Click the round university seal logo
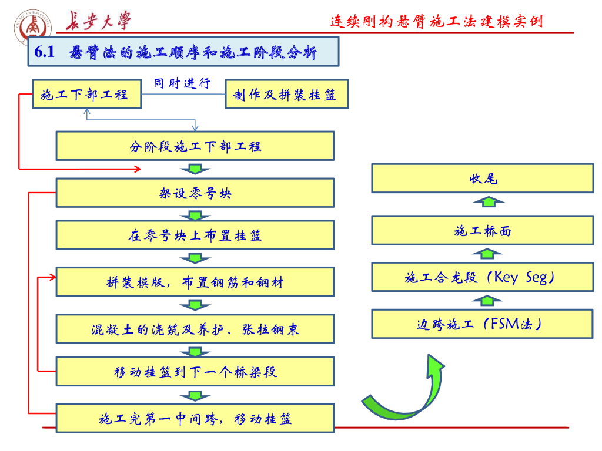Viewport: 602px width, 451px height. tap(33, 27)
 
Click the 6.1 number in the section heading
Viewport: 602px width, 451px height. tap(44, 52)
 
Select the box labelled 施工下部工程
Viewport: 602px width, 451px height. tap(87, 95)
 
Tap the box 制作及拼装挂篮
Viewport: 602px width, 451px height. tap(287, 95)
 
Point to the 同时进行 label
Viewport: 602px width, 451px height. tap(182, 83)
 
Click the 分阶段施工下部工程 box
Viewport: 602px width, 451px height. tap(195, 146)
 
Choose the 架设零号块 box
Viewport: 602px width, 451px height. tap(195, 193)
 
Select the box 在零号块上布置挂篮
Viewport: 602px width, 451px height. tap(195, 235)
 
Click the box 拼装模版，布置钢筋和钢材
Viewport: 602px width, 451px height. tap(195, 282)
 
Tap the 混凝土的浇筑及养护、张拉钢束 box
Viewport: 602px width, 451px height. tap(195, 329)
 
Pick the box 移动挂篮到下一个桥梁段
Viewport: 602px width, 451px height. tap(195, 372)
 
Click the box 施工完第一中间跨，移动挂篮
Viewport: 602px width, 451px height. tap(195, 418)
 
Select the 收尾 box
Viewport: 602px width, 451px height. tap(483, 179)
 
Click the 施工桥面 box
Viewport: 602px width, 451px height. tap(483, 230)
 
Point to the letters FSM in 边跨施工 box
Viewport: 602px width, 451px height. tap(505, 324)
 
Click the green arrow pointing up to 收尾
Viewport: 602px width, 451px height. tap(489, 202)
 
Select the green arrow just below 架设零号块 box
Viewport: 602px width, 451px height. tap(195, 216)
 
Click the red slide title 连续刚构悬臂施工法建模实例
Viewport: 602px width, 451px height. tap(437, 21)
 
